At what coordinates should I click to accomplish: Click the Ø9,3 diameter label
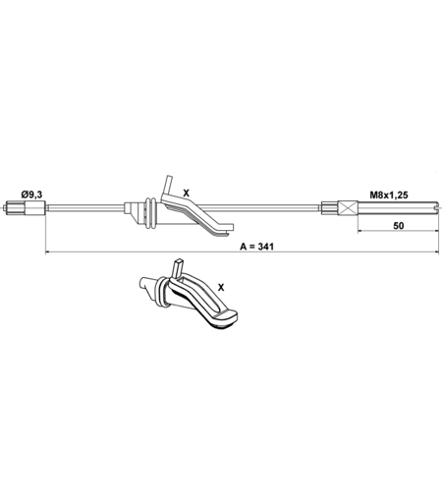click(31, 195)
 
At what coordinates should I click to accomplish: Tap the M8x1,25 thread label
click(389, 196)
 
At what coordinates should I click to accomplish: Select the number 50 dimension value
click(398, 226)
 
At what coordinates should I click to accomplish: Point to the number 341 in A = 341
click(265, 247)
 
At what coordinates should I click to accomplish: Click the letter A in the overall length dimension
click(243, 247)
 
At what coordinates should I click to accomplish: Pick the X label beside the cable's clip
click(186, 194)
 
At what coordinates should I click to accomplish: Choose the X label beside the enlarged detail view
click(221, 288)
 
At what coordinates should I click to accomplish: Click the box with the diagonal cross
click(349, 208)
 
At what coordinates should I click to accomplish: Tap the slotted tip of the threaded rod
click(435, 208)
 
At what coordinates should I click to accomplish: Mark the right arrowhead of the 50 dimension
click(436, 231)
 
